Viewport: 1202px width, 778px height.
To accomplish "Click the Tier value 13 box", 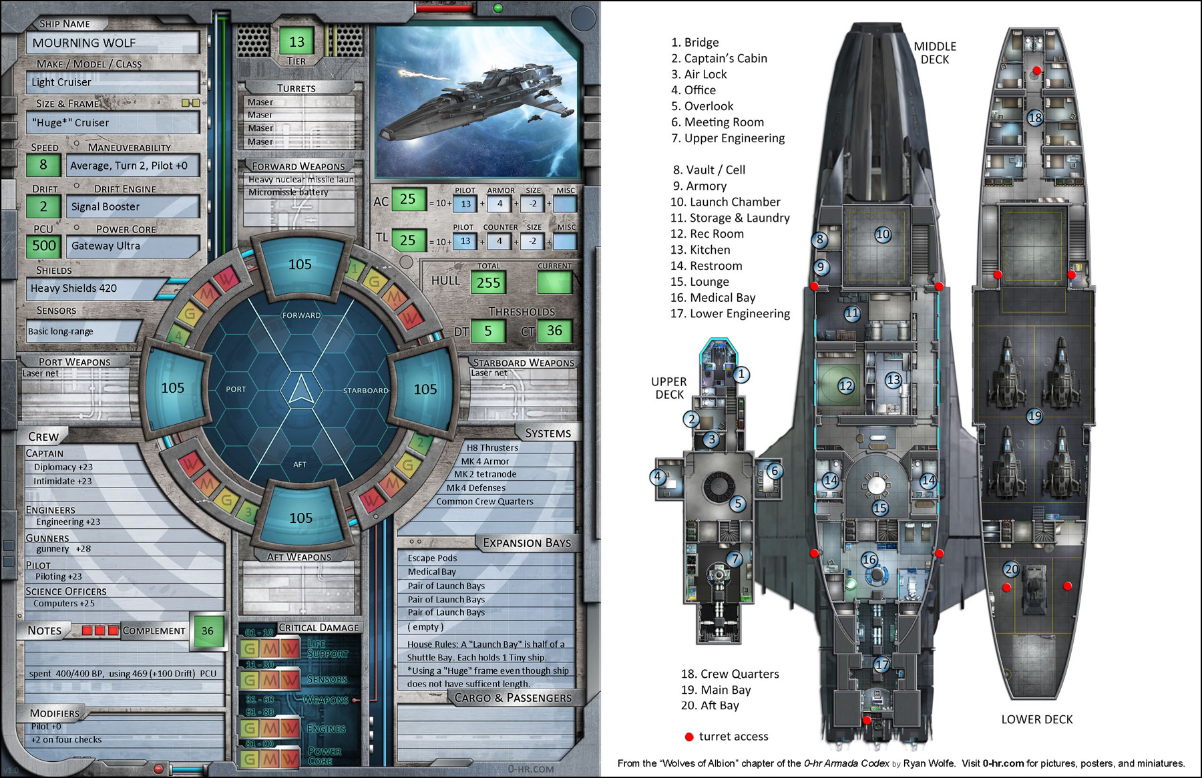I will [x=296, y=42].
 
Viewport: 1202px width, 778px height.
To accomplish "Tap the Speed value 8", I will [x=43, y=165].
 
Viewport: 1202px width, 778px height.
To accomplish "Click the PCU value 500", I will [x=44, y=246].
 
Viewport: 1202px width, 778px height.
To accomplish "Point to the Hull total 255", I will [x=488, y=282].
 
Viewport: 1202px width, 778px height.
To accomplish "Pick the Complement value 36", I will [x=208, y=630].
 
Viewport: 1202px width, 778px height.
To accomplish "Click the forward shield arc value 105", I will [x=300, y=264].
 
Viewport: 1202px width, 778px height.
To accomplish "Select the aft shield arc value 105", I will [x=300, y=518].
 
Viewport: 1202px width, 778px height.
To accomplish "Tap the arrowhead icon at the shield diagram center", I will [x=301, y=389].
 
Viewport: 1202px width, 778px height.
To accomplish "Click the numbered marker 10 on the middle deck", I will [x=883, y=234].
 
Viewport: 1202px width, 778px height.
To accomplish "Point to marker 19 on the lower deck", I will [x=1034, y=416].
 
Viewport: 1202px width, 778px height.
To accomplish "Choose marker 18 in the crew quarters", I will [x=1035, y=118].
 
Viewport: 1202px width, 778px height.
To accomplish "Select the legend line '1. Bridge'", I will [x=694, y=43].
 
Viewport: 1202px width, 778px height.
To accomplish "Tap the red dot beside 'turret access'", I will [x=689, y=737].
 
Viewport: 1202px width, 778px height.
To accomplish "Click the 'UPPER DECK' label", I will [x=669, y=388].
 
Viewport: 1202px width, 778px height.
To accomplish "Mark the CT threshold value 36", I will [x=554, y=331].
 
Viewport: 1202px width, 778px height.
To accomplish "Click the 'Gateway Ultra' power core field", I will [x=133, y=246].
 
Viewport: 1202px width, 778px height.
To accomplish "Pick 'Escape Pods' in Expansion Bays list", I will [x=432, y=558].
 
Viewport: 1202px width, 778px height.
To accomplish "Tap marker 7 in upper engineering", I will [x=735, y=559].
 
